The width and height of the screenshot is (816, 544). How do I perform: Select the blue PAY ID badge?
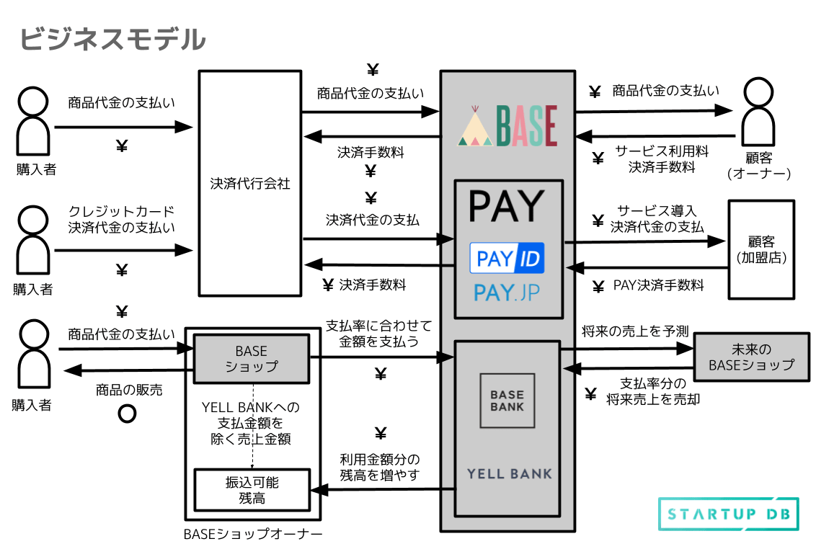click(x=507, y=258)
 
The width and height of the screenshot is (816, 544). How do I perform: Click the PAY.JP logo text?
click(x=507, y=293)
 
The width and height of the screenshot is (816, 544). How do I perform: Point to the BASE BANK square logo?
click(x=507, y=401)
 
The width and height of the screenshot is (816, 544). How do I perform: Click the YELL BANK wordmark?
click(x=509, y=474)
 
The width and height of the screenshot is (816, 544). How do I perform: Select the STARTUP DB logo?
click(x=728, y=514)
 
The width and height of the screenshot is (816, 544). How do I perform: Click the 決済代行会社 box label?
click(x=250, y=184)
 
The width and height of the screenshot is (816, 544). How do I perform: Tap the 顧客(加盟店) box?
click(x=761, y=249)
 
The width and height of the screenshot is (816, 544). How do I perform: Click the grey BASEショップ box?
click(x=251, y=359)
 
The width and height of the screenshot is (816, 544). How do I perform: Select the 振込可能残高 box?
click(x=252, y=490)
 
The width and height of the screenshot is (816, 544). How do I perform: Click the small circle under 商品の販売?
click(x=128, y=414)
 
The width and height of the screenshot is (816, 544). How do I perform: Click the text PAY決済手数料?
click(x=658, y=285)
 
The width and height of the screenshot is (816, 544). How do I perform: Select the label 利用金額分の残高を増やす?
click(x=380, y=468)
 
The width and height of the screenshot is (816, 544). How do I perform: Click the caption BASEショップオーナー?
click(x=252, y=534)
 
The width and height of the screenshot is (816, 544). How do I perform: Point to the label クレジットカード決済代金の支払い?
click(x=122, y=219)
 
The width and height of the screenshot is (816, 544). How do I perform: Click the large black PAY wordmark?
click(x=507, y=207)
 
